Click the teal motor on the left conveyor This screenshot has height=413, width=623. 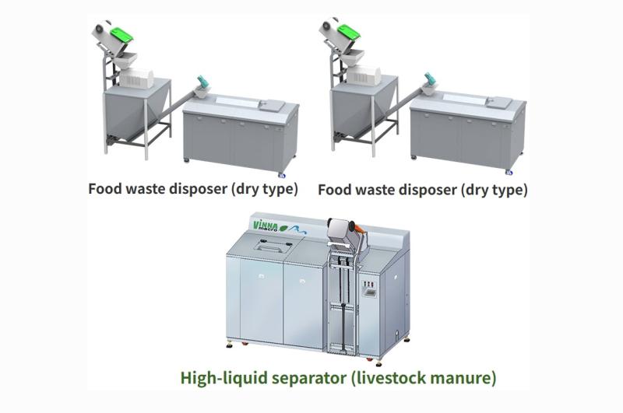coord(202,81)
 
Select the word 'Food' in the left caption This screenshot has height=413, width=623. coord(104,189)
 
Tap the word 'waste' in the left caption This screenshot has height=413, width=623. coord(147,189)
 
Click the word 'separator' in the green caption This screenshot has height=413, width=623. coord(305,379)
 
